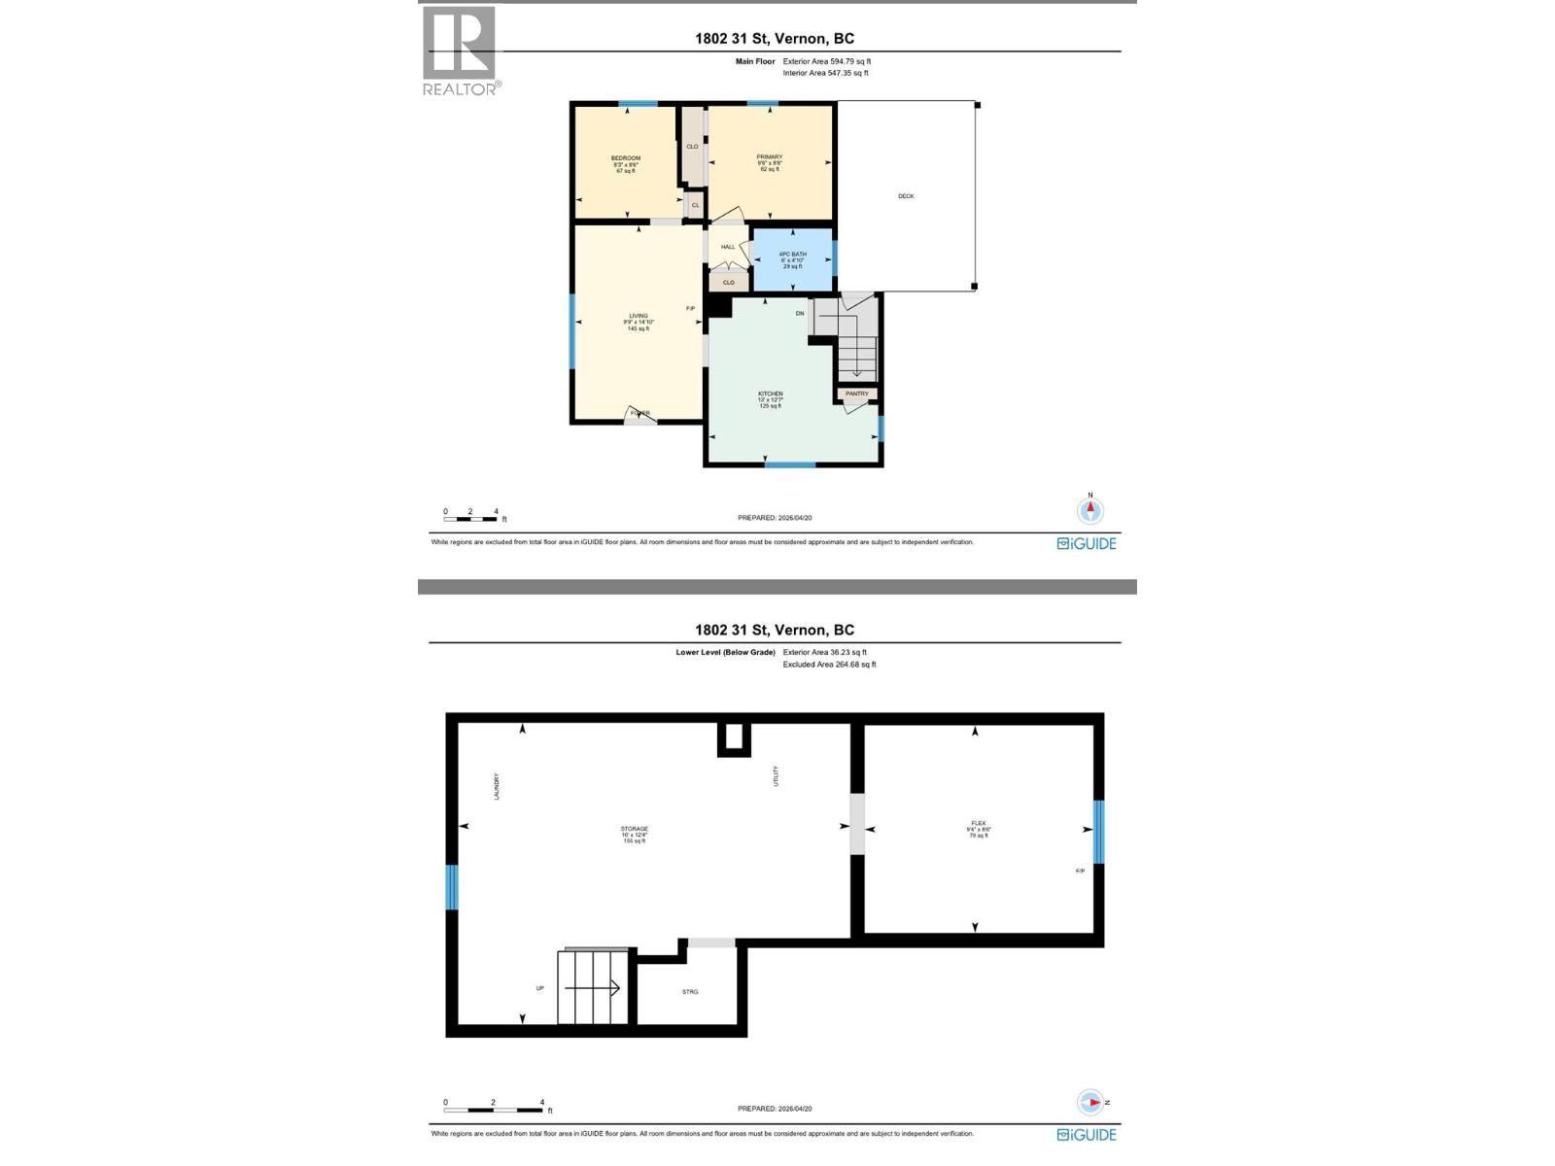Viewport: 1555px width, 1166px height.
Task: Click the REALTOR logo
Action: coord(461,50)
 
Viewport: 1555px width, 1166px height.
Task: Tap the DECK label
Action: coord(906,196)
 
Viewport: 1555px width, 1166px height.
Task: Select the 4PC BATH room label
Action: coord(793,255)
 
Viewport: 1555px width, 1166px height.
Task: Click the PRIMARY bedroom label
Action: coord(770,157)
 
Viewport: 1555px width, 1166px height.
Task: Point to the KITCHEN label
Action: coord(771,394)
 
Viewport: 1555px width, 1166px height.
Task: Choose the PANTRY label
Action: coord(857,394)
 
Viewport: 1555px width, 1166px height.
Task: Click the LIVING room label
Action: coord(638,316)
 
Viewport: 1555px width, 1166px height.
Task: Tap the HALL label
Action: coord(728,247)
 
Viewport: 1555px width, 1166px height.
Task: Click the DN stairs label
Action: coord(800,313)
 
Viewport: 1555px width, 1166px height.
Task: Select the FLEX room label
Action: coord(979,823)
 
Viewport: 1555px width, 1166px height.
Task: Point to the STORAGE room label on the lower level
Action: coord(635,829)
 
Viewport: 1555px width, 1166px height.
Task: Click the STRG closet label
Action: coord(690,992)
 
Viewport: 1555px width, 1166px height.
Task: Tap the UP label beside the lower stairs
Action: coord(540,988)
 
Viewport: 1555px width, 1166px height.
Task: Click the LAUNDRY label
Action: coord(497,786)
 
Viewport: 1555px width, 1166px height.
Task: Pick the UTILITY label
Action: coord(776,776)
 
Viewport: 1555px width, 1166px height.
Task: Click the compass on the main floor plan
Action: coord(1090,509)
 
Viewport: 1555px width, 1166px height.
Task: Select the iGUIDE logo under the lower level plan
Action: coord(1087,1134)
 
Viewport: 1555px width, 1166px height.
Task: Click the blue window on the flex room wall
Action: coord(1099,831)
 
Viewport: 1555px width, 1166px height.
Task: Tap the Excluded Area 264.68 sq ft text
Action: coord(829,665)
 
